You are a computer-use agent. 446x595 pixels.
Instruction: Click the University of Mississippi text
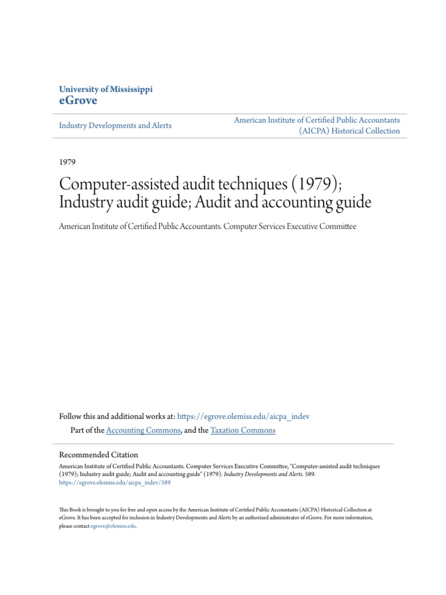click(x=106, y=89)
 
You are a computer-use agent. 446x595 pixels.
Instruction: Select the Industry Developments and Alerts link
click(x=116, y=126)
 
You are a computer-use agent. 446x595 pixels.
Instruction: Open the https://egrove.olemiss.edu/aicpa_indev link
click(x=243, y=417)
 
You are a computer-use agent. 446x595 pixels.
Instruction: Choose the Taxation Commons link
click(x=243, y=431)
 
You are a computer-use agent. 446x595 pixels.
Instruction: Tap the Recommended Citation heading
click(x=99, y=455)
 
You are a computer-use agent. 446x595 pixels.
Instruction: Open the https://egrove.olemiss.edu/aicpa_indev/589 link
click(x=115, y=482)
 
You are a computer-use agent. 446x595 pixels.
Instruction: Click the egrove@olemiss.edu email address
click(x=114, y=525)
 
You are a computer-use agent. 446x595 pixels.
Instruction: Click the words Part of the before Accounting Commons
click(x=87, y=431)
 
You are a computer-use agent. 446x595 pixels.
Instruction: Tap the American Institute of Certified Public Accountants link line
click(x=316, y=120)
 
